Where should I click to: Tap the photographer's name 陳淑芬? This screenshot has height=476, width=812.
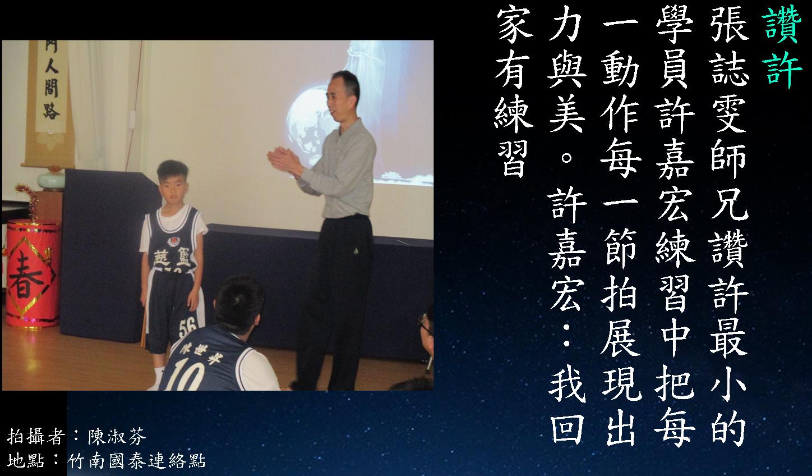click(117, 436)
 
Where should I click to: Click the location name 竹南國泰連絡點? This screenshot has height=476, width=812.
click(137, 461)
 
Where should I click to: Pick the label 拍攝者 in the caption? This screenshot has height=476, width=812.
click(36, 436)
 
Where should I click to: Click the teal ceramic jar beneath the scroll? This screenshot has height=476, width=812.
click(52, 180)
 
